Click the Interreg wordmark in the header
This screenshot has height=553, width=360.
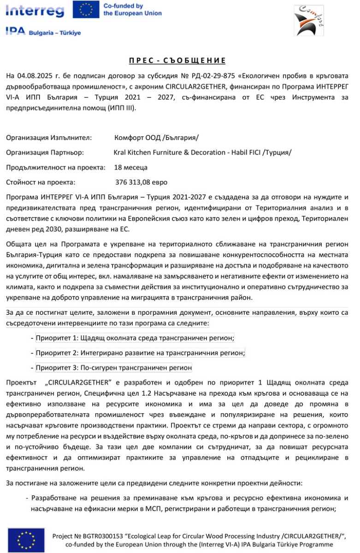coord(35,10)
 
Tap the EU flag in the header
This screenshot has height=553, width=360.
coord(85,10)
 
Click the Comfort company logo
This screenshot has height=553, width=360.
coord(307,20)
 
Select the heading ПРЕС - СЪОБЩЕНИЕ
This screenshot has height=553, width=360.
coord(177,60)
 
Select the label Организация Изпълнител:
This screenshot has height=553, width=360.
coord(49,138)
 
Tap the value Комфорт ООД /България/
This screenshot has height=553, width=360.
coord(157,138)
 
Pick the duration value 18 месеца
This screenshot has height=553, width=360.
coord(131,167)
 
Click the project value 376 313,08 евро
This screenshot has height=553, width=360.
coord(141,182)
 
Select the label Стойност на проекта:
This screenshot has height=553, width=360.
coord(41,182)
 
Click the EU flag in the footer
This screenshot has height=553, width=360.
coord(26,540)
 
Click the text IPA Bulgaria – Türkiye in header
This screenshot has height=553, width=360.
coord(43,32)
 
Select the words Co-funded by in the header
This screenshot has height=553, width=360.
coord(123,6)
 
